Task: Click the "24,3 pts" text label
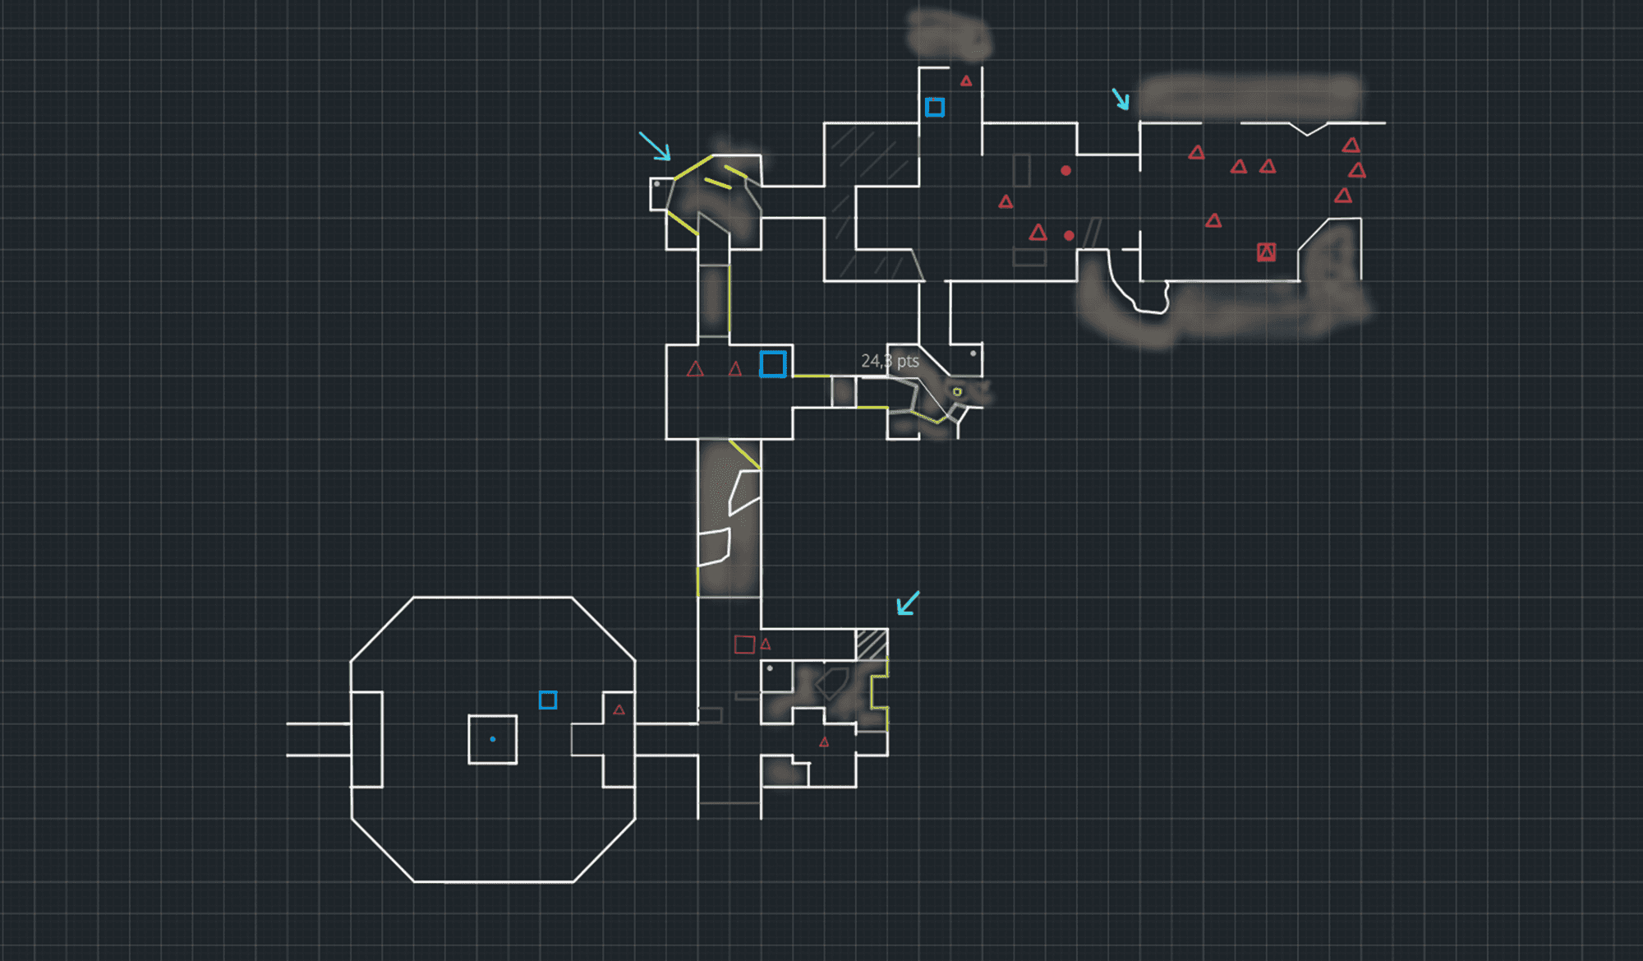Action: click(890, 361)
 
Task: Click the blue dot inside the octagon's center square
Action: click(493, 739)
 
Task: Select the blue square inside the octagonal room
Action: click(548, 700)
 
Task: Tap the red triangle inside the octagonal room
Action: click(619, 709)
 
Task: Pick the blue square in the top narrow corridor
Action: click(935, 107)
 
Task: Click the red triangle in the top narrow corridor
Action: click(966, 81)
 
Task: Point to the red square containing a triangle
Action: click(1266, 252)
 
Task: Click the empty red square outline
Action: click(744, 645)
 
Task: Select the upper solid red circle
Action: click(1065, 171)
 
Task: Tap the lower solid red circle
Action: click(1069, 236)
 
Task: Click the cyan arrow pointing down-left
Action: click(907, 604)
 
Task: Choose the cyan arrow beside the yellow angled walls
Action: click(655, 146)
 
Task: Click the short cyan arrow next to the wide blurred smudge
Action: click(1121, 99)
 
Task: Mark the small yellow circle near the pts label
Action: click(957, 392)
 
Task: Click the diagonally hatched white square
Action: click(872, 645)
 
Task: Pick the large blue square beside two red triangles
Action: click(773, 364)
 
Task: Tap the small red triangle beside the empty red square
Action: click(766, 645)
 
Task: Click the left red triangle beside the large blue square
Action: click(695, 369)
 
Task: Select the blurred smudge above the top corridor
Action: click(950, 35)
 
